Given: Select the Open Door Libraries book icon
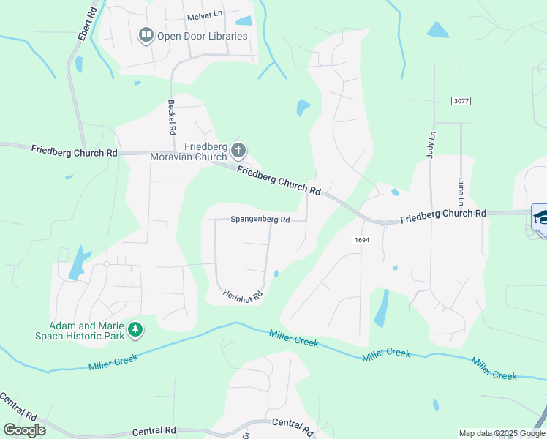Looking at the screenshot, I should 146,35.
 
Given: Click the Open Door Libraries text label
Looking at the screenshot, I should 203,36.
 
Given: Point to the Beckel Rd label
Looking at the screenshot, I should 172,117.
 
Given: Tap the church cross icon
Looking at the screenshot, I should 238,151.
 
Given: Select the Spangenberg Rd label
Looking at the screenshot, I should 260,219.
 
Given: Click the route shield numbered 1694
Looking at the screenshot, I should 361,239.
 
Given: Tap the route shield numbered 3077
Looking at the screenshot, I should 461,100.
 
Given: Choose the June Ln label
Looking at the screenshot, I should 461,191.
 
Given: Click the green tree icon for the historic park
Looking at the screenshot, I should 135,331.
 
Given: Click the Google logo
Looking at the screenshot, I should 24,429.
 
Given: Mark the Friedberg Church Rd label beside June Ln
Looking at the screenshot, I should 444,215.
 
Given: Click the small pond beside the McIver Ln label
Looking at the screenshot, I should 244,21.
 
